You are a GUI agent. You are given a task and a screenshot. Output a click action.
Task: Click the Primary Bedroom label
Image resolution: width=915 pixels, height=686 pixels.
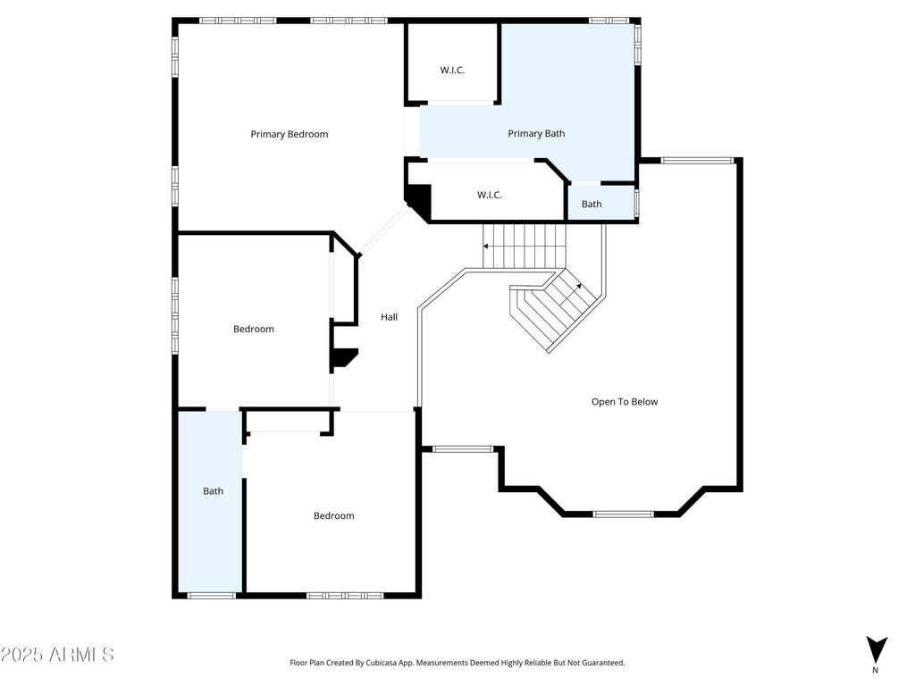tap(290, 134)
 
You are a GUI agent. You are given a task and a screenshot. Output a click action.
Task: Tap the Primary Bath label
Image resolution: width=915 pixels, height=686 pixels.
tap(536, 134)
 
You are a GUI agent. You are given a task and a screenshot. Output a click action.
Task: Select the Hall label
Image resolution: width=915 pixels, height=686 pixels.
tap(390, 317)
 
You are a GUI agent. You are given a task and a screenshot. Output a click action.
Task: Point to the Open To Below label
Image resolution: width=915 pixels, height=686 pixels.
tap(625, 402)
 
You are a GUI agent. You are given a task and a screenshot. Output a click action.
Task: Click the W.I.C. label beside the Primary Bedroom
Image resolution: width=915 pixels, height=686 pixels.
tap(452, 70)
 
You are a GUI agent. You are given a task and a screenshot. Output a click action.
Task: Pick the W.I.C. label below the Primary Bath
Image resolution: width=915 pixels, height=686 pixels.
tap(489, 195)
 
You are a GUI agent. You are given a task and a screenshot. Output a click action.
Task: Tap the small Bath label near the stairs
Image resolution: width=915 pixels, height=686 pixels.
tap(592, 205)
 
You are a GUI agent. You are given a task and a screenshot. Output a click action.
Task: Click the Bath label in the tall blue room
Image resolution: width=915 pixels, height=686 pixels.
tap(213, 491)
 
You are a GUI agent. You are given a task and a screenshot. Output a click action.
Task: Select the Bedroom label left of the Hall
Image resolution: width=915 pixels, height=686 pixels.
tap(254, 329)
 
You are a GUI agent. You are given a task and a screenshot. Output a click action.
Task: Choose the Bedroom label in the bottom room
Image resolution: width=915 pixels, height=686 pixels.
tap(334, 515)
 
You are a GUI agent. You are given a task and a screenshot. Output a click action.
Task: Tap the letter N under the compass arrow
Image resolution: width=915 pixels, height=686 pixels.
tap(875, 670)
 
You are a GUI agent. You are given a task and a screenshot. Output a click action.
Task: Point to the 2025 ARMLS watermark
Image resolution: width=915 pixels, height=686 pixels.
tap(57, 655)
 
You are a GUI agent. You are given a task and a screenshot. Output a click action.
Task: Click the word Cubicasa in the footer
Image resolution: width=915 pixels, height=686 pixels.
tap(382, 663)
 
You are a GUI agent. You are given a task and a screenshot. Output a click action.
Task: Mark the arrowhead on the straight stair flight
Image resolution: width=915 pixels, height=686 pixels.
tap(485, 247)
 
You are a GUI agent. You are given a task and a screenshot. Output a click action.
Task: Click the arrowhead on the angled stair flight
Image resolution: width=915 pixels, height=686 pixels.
tap(579, 285)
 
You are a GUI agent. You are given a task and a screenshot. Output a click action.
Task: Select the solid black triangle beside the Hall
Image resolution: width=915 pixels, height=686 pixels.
tap(344, 357)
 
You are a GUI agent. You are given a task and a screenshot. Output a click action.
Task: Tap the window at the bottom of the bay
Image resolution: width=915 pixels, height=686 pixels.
tap(623, 514)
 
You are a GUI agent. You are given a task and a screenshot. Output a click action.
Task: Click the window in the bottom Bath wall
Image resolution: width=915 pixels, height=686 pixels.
tap(211, 596)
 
